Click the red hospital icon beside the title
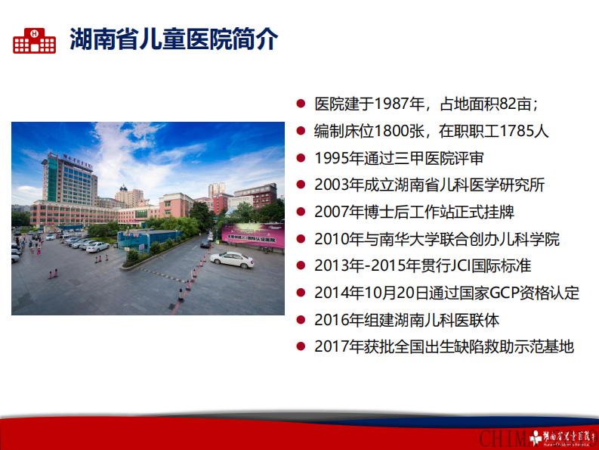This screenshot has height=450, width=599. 34,39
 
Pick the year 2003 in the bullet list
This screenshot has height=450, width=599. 331,185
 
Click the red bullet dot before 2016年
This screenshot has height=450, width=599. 301,321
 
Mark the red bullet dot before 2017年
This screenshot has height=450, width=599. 301,347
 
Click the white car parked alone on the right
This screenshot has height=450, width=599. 231,259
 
